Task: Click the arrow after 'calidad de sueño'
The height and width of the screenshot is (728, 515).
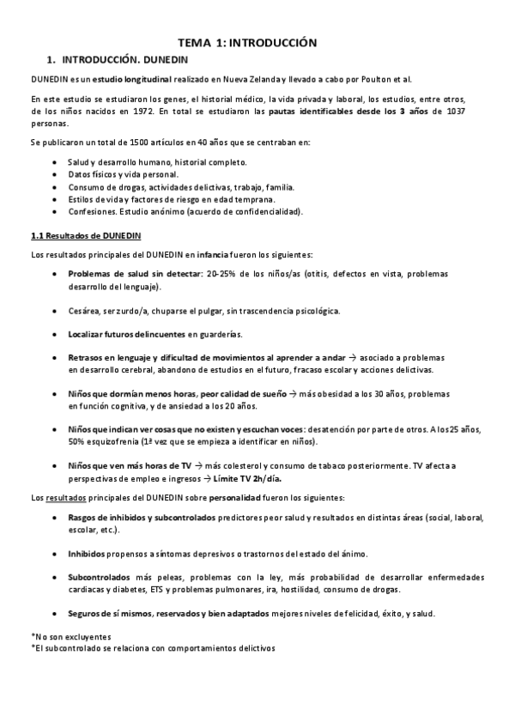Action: (x=293, y=393)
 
